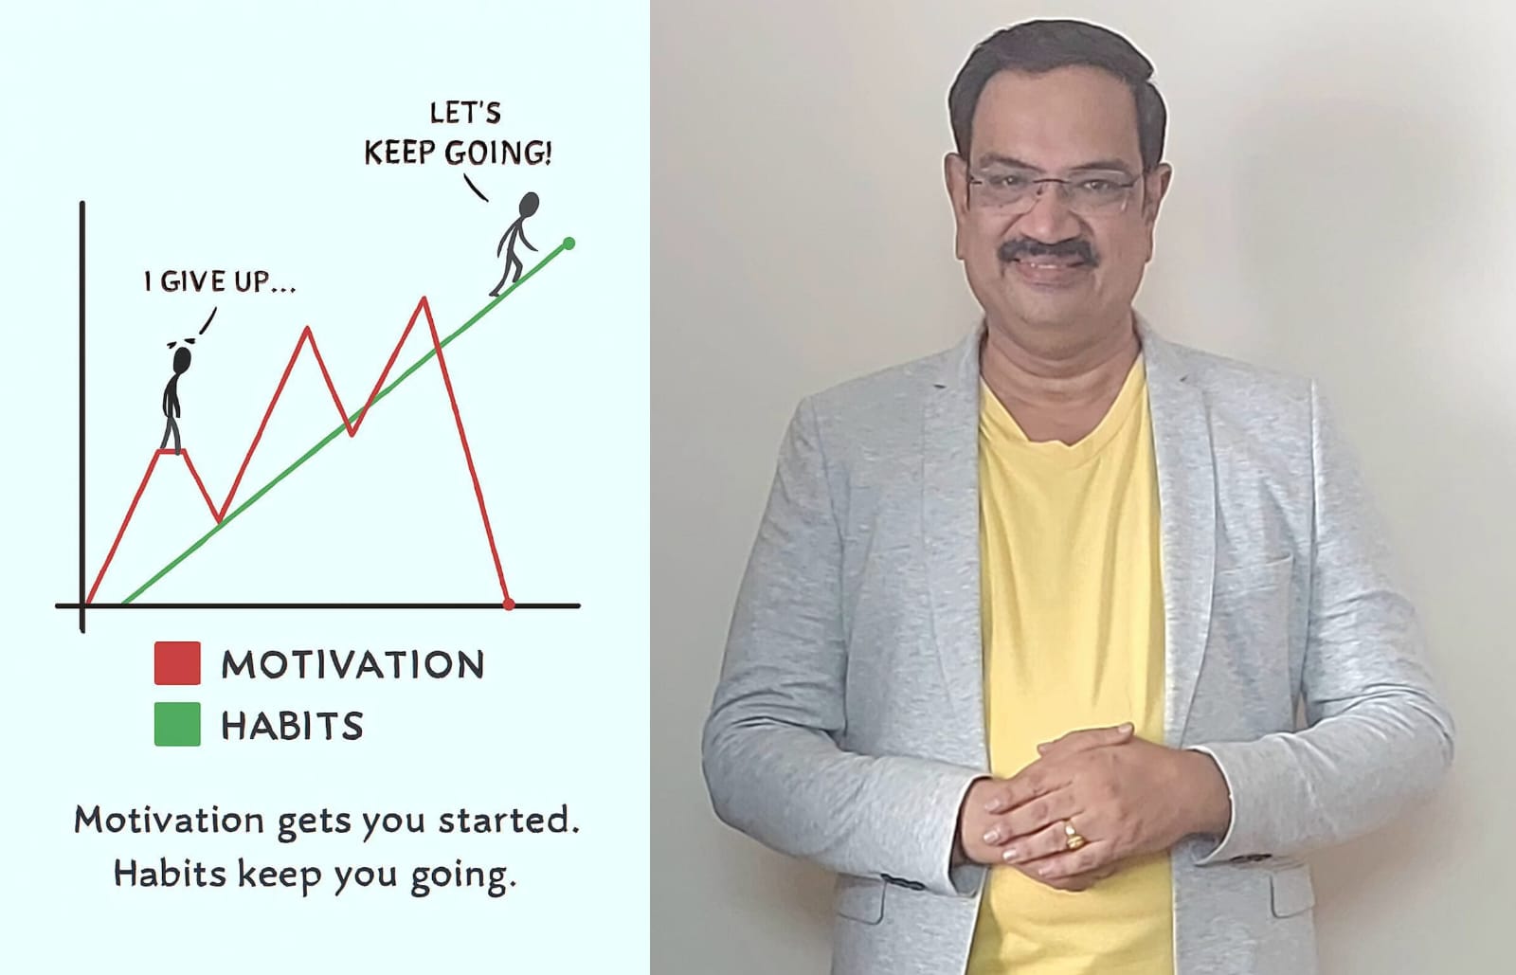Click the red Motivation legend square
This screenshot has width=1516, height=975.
coord(177,663)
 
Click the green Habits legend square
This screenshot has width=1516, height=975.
coord(177,724)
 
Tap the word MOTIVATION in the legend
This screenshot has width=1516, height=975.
coord(352,664)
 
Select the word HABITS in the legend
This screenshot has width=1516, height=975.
coord(293,726)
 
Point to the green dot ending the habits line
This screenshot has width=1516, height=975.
coord(569,244)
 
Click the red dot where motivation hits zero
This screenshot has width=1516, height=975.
coord(509,605)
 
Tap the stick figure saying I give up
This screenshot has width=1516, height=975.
coord(174,399)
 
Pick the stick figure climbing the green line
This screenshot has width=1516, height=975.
coord(515,244)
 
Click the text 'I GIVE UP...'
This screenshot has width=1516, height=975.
coord(220,281)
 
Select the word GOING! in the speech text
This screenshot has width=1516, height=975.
coord(498,153)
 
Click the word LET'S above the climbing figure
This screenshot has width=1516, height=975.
coord(465,113)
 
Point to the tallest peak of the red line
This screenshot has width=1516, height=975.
coord(424,298)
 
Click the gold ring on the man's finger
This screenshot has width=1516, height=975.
coord(1074,835)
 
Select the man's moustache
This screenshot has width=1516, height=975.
coord(1049,253)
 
